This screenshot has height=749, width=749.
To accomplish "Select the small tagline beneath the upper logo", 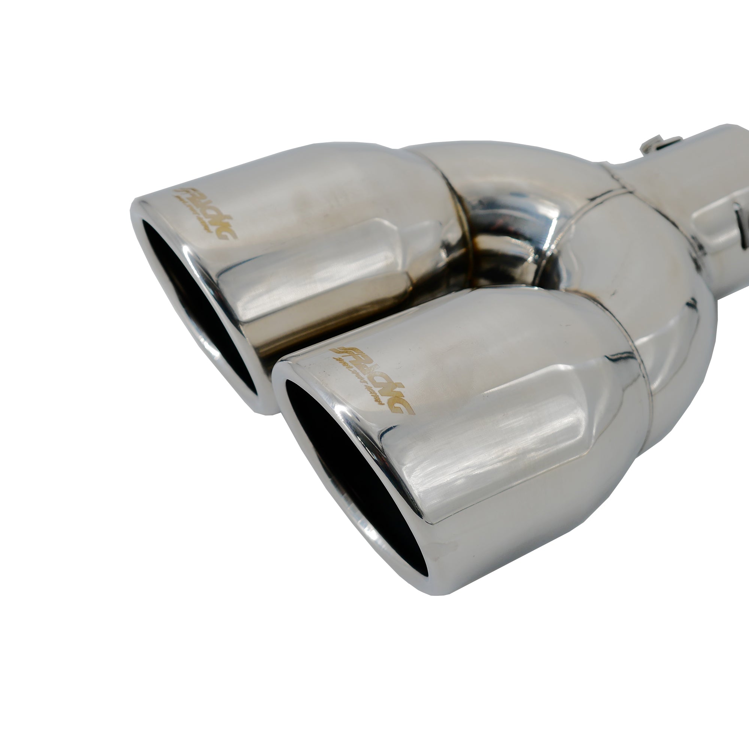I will point(198,217).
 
